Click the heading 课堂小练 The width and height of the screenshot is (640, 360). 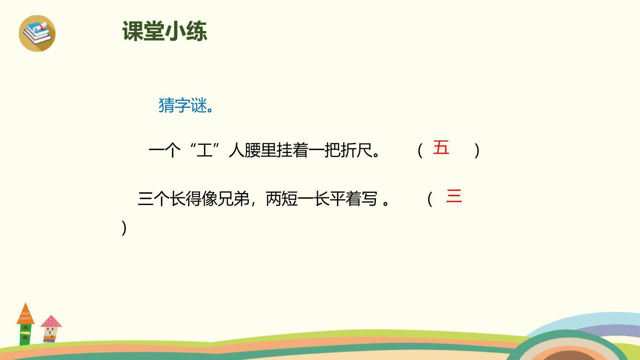[164, 31]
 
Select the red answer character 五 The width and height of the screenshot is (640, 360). [441, 147]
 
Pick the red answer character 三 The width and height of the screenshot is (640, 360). [454, 196]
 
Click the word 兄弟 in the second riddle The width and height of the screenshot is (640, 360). [233, 199]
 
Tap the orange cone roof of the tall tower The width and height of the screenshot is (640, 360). [26, 314]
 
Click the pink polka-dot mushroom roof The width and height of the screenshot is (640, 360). [51, 321]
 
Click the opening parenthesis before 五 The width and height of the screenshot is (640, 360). [420, 151]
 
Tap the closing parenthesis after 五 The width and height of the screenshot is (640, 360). [477, 151]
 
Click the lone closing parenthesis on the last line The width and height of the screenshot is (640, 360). [124, 228]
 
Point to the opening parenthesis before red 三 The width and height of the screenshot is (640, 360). [430, 199]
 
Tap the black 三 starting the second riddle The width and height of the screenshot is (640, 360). [145, 199]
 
